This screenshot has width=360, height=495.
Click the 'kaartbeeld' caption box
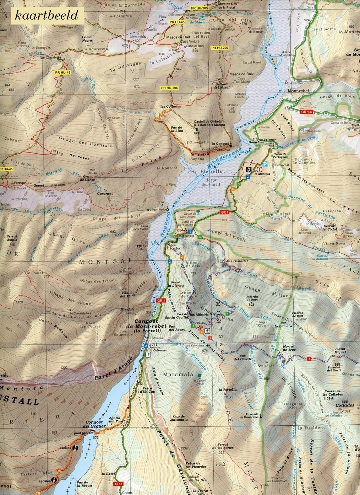(x=44, y=15)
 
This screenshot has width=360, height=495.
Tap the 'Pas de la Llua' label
(x=176, y=129)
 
